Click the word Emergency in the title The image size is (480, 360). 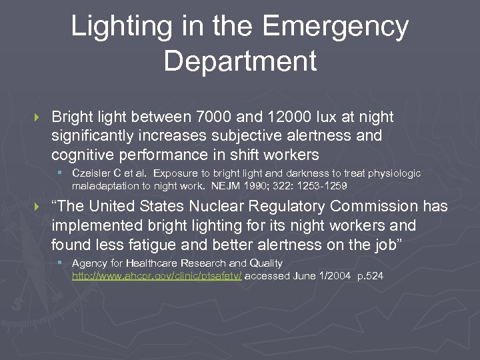(x=335, y=27)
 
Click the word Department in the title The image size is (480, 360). (x=240, y=61)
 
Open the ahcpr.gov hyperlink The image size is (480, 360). (x=157, y=275)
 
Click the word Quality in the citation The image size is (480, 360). (x=265, y=263)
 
